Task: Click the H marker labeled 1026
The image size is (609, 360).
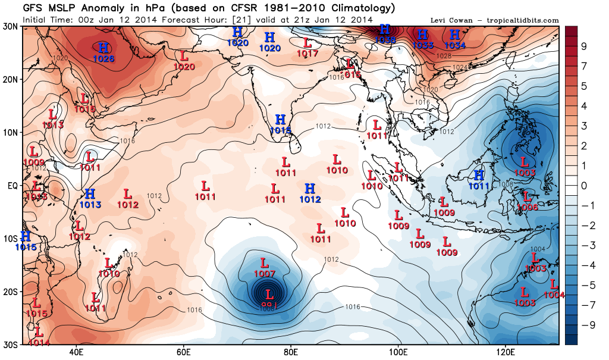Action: [x=103, y=47]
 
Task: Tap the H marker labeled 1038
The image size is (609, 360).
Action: [x=385, y=29]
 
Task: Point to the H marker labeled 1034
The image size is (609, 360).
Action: [x=455, y=35]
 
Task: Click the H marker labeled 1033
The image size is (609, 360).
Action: [x=423, y=35]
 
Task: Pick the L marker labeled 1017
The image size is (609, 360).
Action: [x=307, y=43]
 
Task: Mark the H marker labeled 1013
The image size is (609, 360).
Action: [x=90, y=194]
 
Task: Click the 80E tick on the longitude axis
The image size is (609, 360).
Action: [x=291, y=352]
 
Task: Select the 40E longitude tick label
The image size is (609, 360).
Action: [x=76, y=352]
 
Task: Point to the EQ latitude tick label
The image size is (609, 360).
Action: [x=12, y=186]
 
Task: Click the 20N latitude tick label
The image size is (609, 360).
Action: [x=10, y=79]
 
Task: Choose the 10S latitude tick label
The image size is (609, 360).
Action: [x=10, y=239]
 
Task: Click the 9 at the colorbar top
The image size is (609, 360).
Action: [x=583, y=46]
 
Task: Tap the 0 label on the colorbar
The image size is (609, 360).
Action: [x=583, y=186]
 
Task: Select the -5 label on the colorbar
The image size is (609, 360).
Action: [x=583, y=285]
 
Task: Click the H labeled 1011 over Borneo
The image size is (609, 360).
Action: [x=479, y=175]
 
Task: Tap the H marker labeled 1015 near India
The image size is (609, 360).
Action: [x=280, y=120]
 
